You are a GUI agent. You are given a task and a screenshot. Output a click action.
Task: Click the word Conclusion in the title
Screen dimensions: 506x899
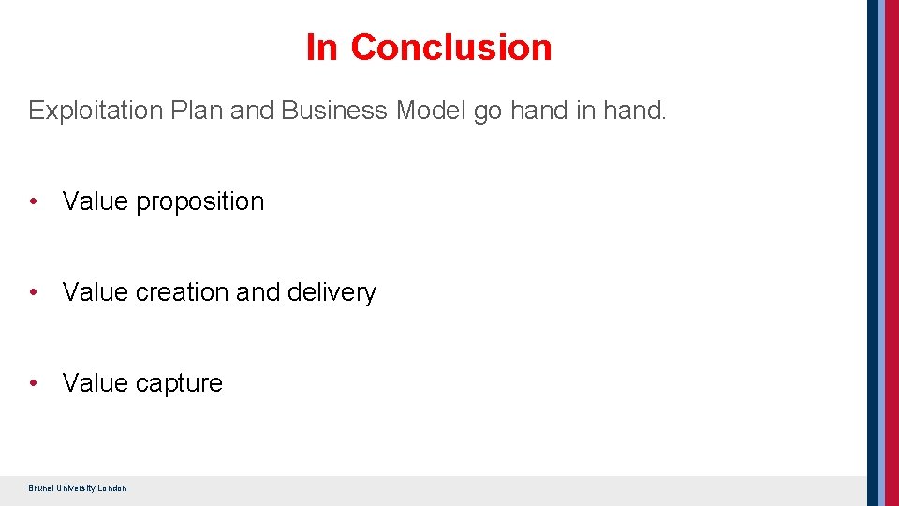tap(451, 47)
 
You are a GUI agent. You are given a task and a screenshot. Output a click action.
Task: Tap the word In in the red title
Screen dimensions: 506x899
tap(321, 47)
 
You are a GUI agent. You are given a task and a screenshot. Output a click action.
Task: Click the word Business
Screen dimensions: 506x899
tap(333, 111)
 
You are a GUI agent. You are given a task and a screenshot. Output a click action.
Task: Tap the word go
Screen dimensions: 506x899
tap(488, 112)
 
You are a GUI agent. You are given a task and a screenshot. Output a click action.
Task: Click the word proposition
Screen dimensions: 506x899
tap(200, 201)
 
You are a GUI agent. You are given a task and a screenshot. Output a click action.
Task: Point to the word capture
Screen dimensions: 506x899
tap(179, 383)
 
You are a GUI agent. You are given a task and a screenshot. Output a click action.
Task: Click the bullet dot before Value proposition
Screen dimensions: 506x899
tap(34, 201)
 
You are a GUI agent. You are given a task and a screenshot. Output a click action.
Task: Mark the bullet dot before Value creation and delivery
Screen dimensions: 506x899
tap(34, 292)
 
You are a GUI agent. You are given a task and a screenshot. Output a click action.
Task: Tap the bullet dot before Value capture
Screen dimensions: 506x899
tap(34, 383)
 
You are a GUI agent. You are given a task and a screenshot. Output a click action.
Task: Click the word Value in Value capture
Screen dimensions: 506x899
tap(96, 383)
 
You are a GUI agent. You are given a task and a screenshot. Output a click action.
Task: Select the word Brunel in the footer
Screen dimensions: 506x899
tap(41, 488)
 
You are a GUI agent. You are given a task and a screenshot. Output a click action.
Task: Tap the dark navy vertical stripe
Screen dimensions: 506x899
tap(874, 253)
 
